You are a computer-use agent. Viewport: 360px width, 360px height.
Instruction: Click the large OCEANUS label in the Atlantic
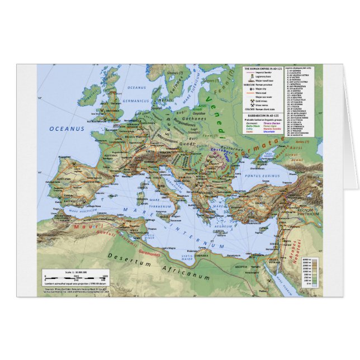[66, 129]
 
